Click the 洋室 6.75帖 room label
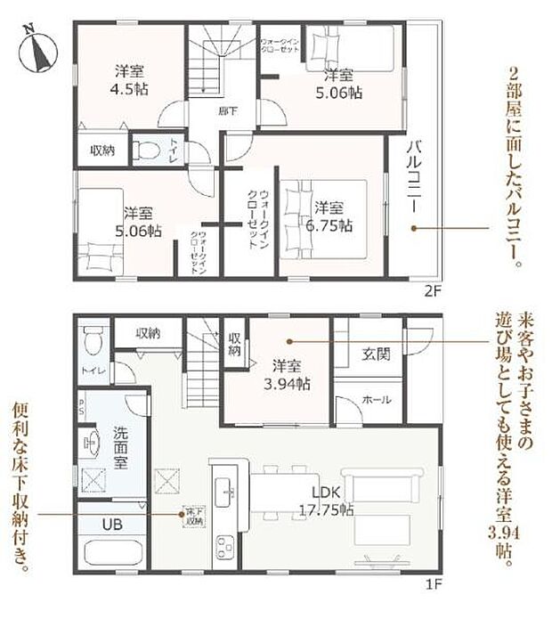pos(333,216)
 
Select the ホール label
pos(377,400)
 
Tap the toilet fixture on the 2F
pos(146,151)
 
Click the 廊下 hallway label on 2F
pos(229,110)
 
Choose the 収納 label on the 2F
pos(101,151)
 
